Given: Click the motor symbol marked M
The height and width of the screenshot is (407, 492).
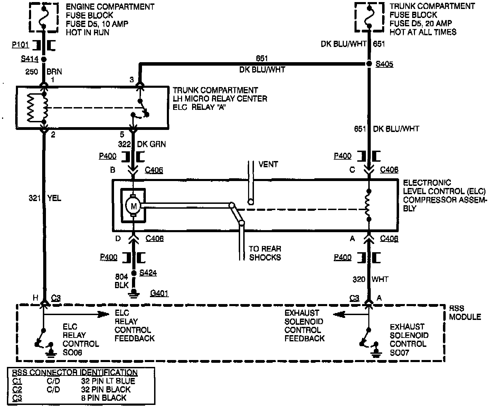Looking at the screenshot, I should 133,206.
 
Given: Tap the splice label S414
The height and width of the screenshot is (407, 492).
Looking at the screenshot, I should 29,59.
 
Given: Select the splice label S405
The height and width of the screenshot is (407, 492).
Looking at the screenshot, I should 384,64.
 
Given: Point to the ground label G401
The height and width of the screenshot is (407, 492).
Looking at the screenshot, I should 159,294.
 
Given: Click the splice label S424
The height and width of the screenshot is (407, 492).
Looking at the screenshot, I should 148,273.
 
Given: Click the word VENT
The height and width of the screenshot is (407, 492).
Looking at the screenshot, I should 268,164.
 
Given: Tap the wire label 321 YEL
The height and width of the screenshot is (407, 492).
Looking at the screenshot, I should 45,198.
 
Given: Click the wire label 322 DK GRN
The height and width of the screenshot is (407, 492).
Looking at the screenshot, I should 142,144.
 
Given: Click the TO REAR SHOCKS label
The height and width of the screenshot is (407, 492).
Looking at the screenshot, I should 265,253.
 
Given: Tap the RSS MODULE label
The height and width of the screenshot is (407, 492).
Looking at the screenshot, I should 465,312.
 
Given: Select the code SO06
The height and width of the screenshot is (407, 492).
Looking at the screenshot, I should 73,353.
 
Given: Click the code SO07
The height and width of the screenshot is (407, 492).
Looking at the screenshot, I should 400,353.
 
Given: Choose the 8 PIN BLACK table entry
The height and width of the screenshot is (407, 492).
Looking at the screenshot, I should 104,398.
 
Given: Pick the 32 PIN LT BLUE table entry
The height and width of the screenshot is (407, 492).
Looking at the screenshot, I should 108,381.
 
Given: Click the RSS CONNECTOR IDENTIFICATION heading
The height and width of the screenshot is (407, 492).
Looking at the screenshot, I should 75,372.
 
